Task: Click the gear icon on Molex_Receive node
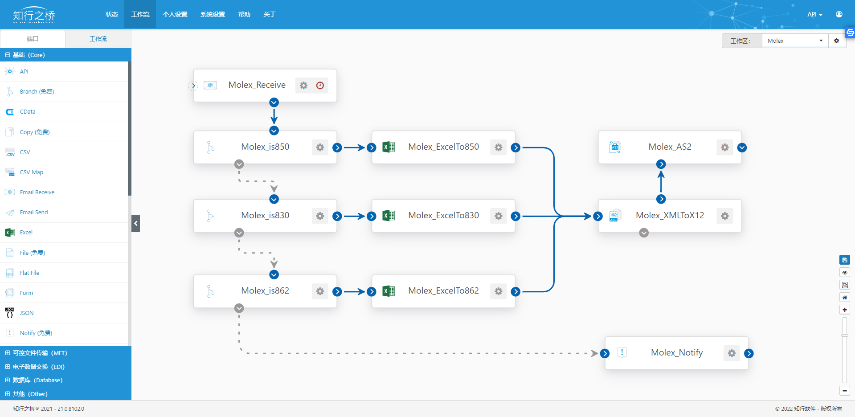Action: coord(303,85)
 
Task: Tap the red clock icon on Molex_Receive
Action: coord(320,85)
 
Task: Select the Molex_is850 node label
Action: coord(265,147)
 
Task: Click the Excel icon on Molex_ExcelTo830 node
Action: coord(389,216)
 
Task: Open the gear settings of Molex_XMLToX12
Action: coord(725,216)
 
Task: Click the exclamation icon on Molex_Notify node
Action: coord(622,352)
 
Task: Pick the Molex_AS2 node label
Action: coord(670,147)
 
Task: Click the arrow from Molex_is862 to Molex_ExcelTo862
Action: coord(355,292)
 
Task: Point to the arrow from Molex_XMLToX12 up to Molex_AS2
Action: coord(661,182)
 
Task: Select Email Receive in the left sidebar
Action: coord(37,192)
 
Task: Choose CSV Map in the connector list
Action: coord(31,172)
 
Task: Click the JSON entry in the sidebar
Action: coord(27,313)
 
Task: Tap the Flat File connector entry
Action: coord(29,273)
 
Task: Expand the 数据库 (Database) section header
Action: coord(37,380)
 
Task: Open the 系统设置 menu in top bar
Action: coord(213,14)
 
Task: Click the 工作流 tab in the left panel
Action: coord(98,39)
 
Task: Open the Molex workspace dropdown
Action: coord(795,41)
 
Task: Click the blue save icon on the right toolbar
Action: coord(844,260)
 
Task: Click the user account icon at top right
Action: coord(839,14)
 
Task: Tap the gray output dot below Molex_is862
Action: coord(239,308)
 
